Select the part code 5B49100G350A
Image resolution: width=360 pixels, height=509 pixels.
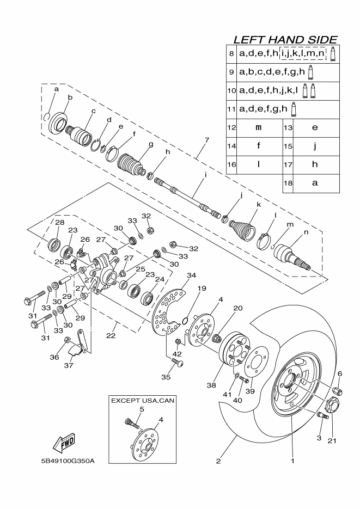(68, 461)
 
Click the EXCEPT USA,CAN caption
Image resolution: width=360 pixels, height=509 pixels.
(143, 401)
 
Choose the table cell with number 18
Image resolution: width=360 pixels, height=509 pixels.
(288, 183)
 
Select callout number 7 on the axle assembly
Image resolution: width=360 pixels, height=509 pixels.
(206, 140)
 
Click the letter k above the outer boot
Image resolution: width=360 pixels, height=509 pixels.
(259, 205)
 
